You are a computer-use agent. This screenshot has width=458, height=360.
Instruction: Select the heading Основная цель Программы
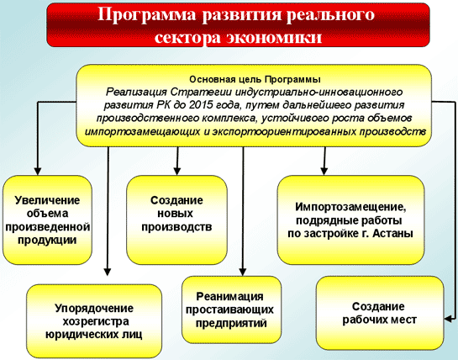tap(255, 80)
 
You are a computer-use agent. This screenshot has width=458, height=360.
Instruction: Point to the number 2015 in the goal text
tap(200, 105)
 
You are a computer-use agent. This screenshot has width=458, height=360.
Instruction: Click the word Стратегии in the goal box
tap(201, 93)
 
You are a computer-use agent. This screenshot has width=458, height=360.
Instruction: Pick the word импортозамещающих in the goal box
tap(142, 132)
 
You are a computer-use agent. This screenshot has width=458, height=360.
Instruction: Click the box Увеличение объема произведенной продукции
tap(47, 220)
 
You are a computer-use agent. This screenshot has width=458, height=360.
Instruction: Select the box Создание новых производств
tap(176, 220)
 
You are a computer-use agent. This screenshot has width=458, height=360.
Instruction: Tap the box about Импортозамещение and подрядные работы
tap(350, 220)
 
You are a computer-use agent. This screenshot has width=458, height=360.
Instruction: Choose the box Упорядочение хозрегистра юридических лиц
tap(94, 321)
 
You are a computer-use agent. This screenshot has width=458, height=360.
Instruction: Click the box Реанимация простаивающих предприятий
tap(231, 310)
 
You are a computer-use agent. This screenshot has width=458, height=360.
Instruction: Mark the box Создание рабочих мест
tap(380, 313)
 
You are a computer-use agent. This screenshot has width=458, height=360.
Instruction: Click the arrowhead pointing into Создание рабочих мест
tap(448, 319)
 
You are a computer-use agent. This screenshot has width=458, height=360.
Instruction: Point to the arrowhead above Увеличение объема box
tap(37, 171)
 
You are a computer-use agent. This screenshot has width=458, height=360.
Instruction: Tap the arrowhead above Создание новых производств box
tap(177, 171)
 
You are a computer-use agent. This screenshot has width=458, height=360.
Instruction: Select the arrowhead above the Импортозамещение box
tap(324, 171)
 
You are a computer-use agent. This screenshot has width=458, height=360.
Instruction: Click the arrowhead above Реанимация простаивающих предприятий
tap(243, 272)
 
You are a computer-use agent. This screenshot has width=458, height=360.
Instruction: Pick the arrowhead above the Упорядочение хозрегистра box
tap(108, 272)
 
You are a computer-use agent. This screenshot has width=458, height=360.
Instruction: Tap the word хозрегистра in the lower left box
tap(96, 321)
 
